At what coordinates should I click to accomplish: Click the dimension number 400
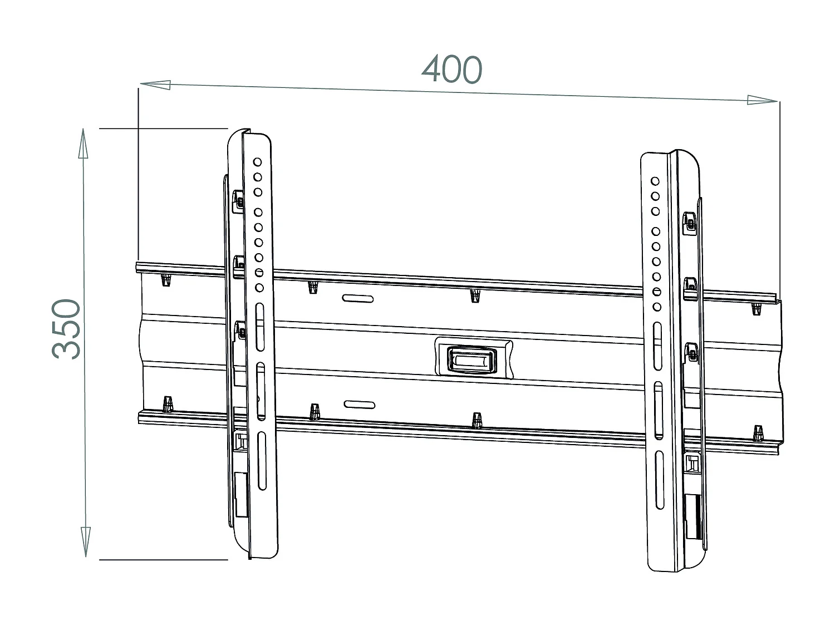(x=451, y=70)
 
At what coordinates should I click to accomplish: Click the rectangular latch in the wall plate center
(x=471, y=358)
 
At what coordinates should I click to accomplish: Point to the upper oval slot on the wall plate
(x=358, y=299)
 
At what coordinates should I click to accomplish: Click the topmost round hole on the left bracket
(x=258, y=162)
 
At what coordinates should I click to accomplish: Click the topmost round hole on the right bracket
(x=655, y=181)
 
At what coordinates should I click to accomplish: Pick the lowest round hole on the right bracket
(x=657, y=307)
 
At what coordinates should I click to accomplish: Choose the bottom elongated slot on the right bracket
(x=659, y=479)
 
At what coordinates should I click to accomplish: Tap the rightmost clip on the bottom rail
(x=757, y=432)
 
